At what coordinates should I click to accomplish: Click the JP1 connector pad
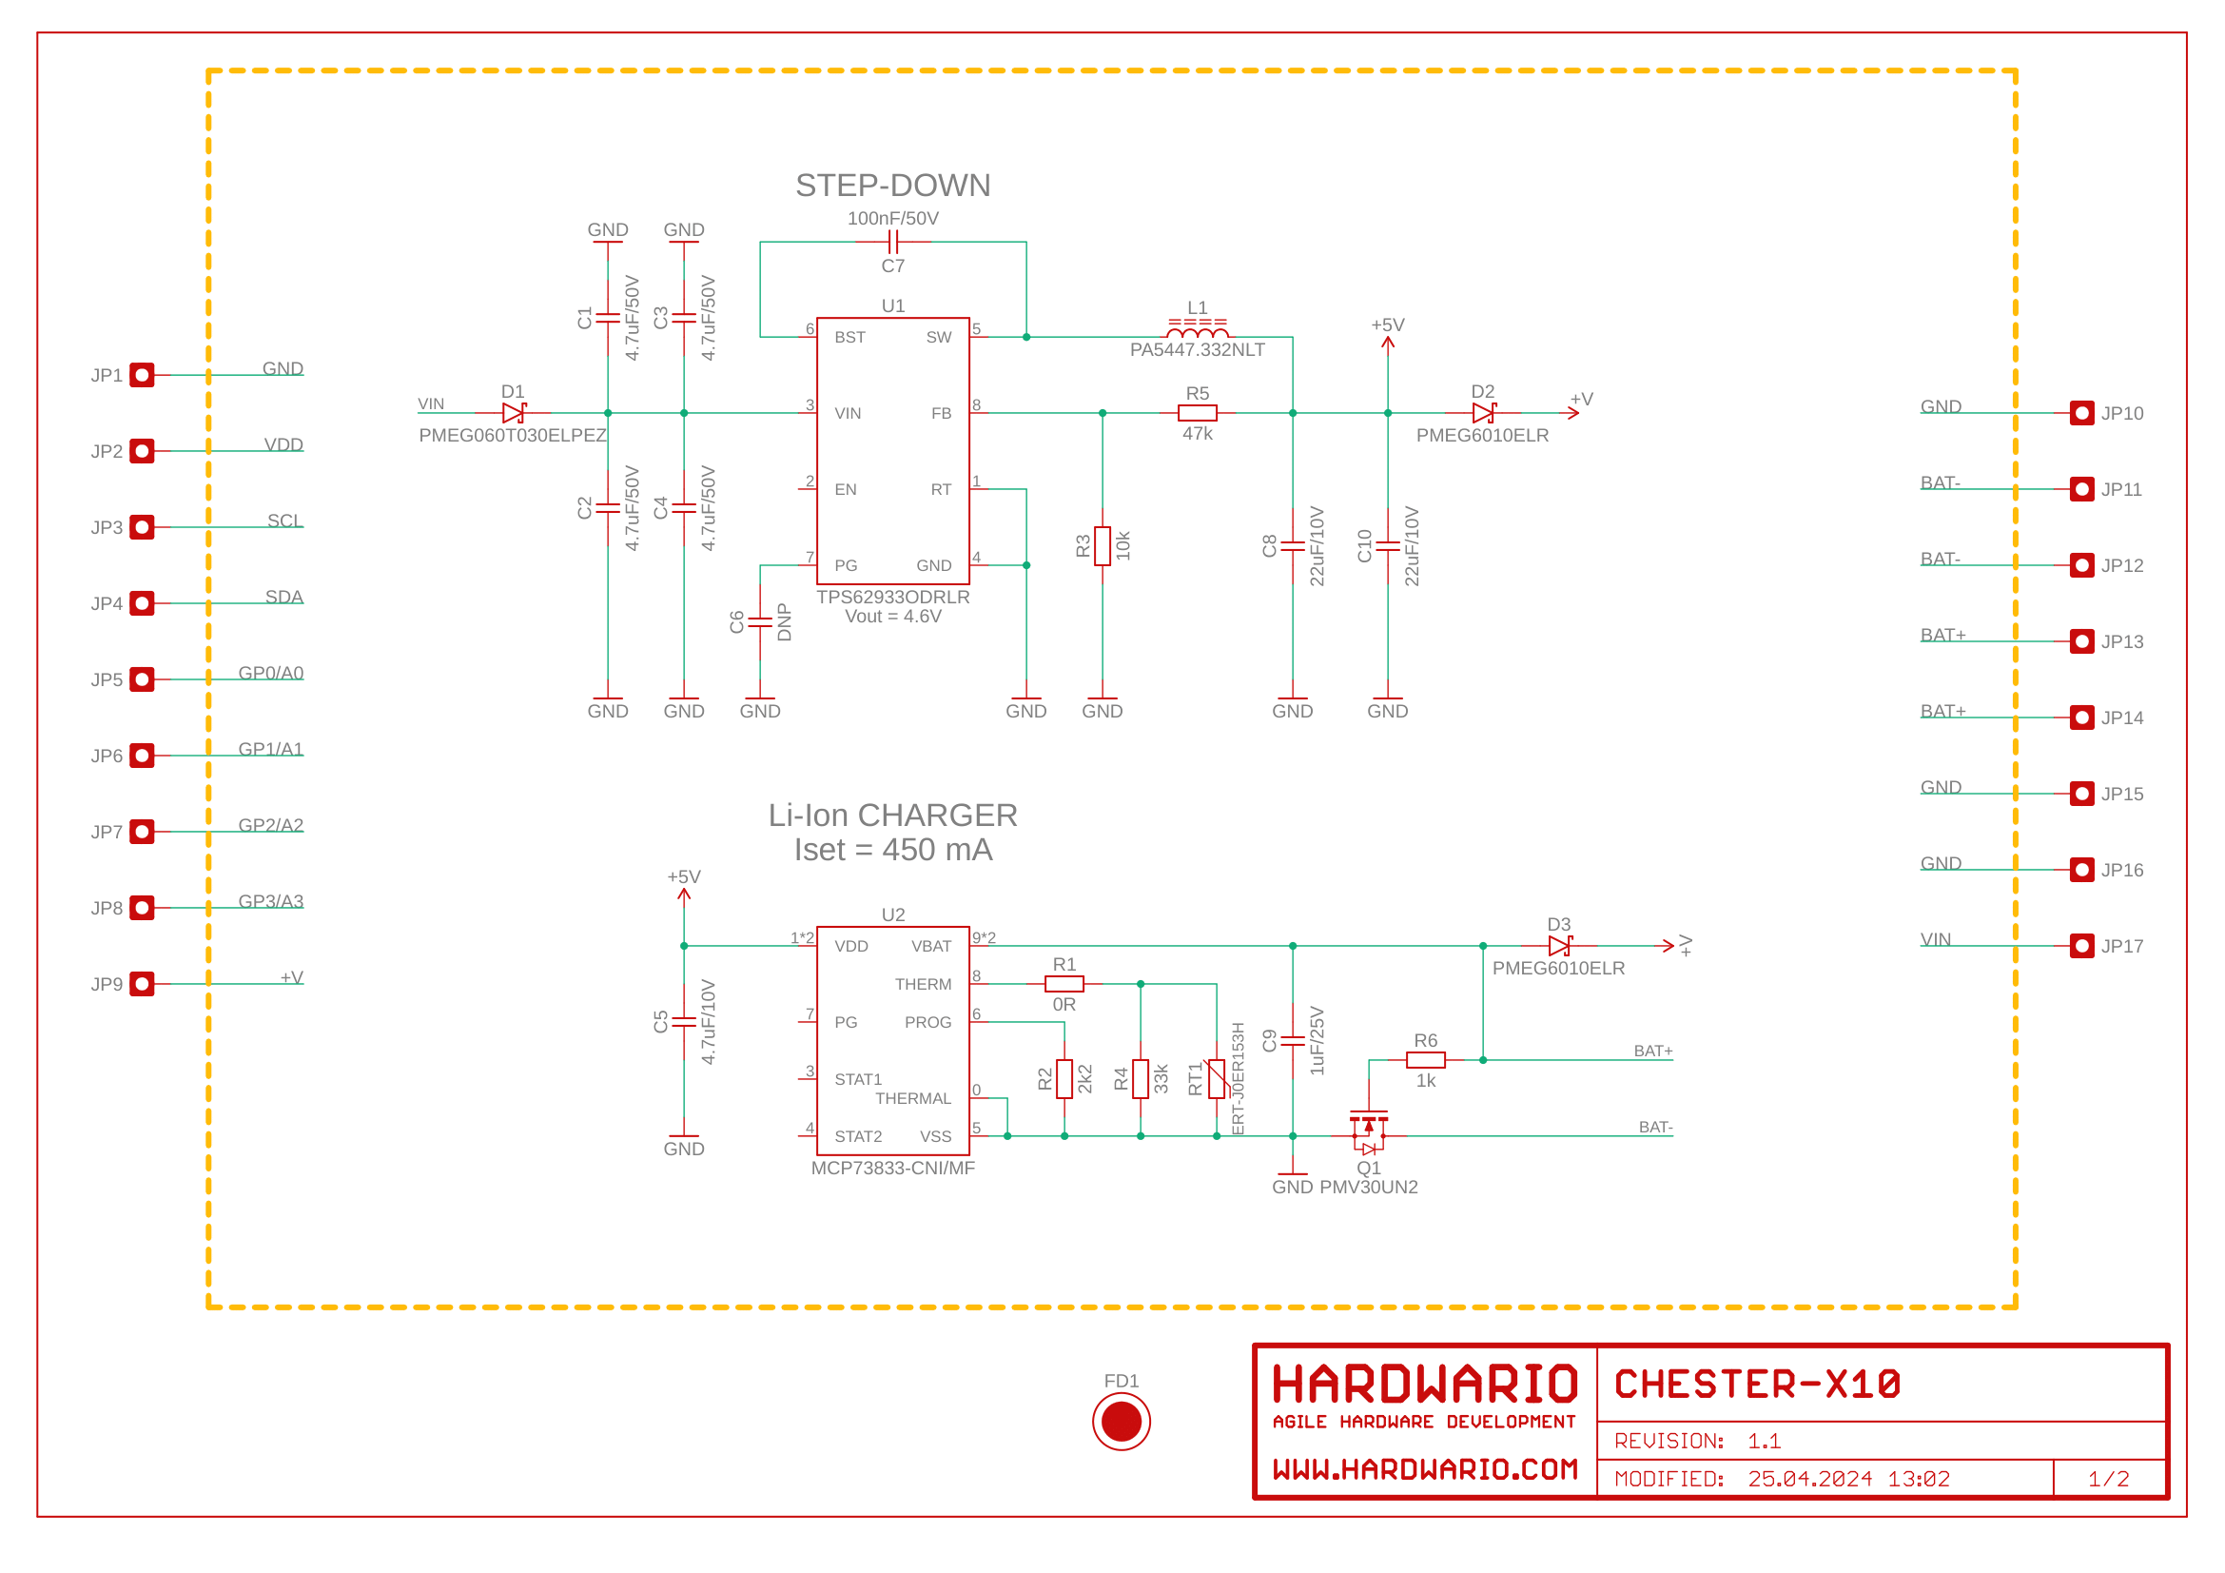point(143,375)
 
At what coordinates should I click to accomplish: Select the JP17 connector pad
point(2081,946)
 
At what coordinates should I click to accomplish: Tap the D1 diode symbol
point(514,413)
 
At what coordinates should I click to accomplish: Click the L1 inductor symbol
point(1197,330)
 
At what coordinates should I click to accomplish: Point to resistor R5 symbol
point(1197,413)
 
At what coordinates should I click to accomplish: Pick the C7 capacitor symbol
point(892,243)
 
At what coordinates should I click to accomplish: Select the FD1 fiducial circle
point(1122,1422)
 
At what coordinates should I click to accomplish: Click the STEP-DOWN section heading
point(892,186)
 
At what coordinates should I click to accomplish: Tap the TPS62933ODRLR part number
point(892,597)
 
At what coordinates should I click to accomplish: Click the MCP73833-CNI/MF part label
point(892,1168)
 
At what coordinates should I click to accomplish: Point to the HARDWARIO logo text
point(1425,1384)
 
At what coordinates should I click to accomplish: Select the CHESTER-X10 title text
point(1757,1384)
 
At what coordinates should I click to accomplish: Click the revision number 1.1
point(1764,1441)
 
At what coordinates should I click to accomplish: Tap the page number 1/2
point(2109,1479)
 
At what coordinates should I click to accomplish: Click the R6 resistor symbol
point(1426,1060)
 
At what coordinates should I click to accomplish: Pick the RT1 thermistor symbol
point(1217,1079)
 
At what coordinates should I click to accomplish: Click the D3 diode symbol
point(1558,946)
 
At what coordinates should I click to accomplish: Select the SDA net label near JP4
point(283,597)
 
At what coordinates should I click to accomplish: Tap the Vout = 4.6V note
point(892,617)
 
